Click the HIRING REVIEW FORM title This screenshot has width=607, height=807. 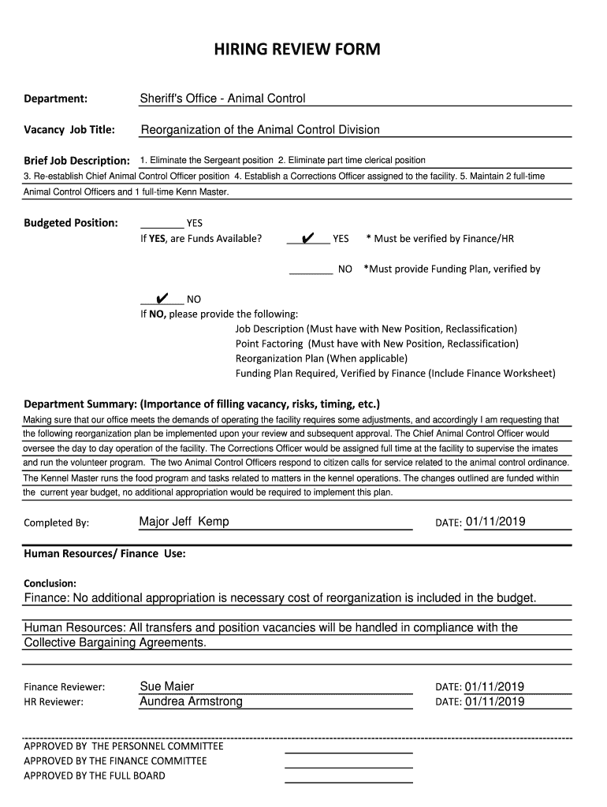pyautogui.click(x=297, y=50)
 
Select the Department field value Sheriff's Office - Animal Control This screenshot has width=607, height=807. pyautogui.click(x=222, y=99)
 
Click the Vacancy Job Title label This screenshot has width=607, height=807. pyautogui.click(x=69, y=129)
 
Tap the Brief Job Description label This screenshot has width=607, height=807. pyautogui.click(x=76, y=161)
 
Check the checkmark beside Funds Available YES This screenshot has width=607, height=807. pyautogui.click(x=308, y=238)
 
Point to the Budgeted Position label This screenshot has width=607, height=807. pyautogui.click(x=71, y=223)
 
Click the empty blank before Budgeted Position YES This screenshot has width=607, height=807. pyautogui.click(x=162, y=223)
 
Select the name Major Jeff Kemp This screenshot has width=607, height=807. pyautogui.click(x=184, y=522)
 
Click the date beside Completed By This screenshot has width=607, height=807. pyautogui.click(x=495, y=522)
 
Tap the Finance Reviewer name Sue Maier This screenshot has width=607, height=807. pyautogui.click(x=166, y=686)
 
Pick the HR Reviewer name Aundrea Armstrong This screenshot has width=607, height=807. pyautogui.click(x=191, y=701)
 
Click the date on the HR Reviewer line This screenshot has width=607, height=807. pyautogui.click(x=495, y=701)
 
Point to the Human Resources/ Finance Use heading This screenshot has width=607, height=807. pyautogui.click(x=105, y=554)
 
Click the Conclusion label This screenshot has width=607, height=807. pyautogui.click(x=50, y=584)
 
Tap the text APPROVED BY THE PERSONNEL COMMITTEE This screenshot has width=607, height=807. pyautogui.click(x=124, y=746)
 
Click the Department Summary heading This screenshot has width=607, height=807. pyautogui.click(x=203, y=403)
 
